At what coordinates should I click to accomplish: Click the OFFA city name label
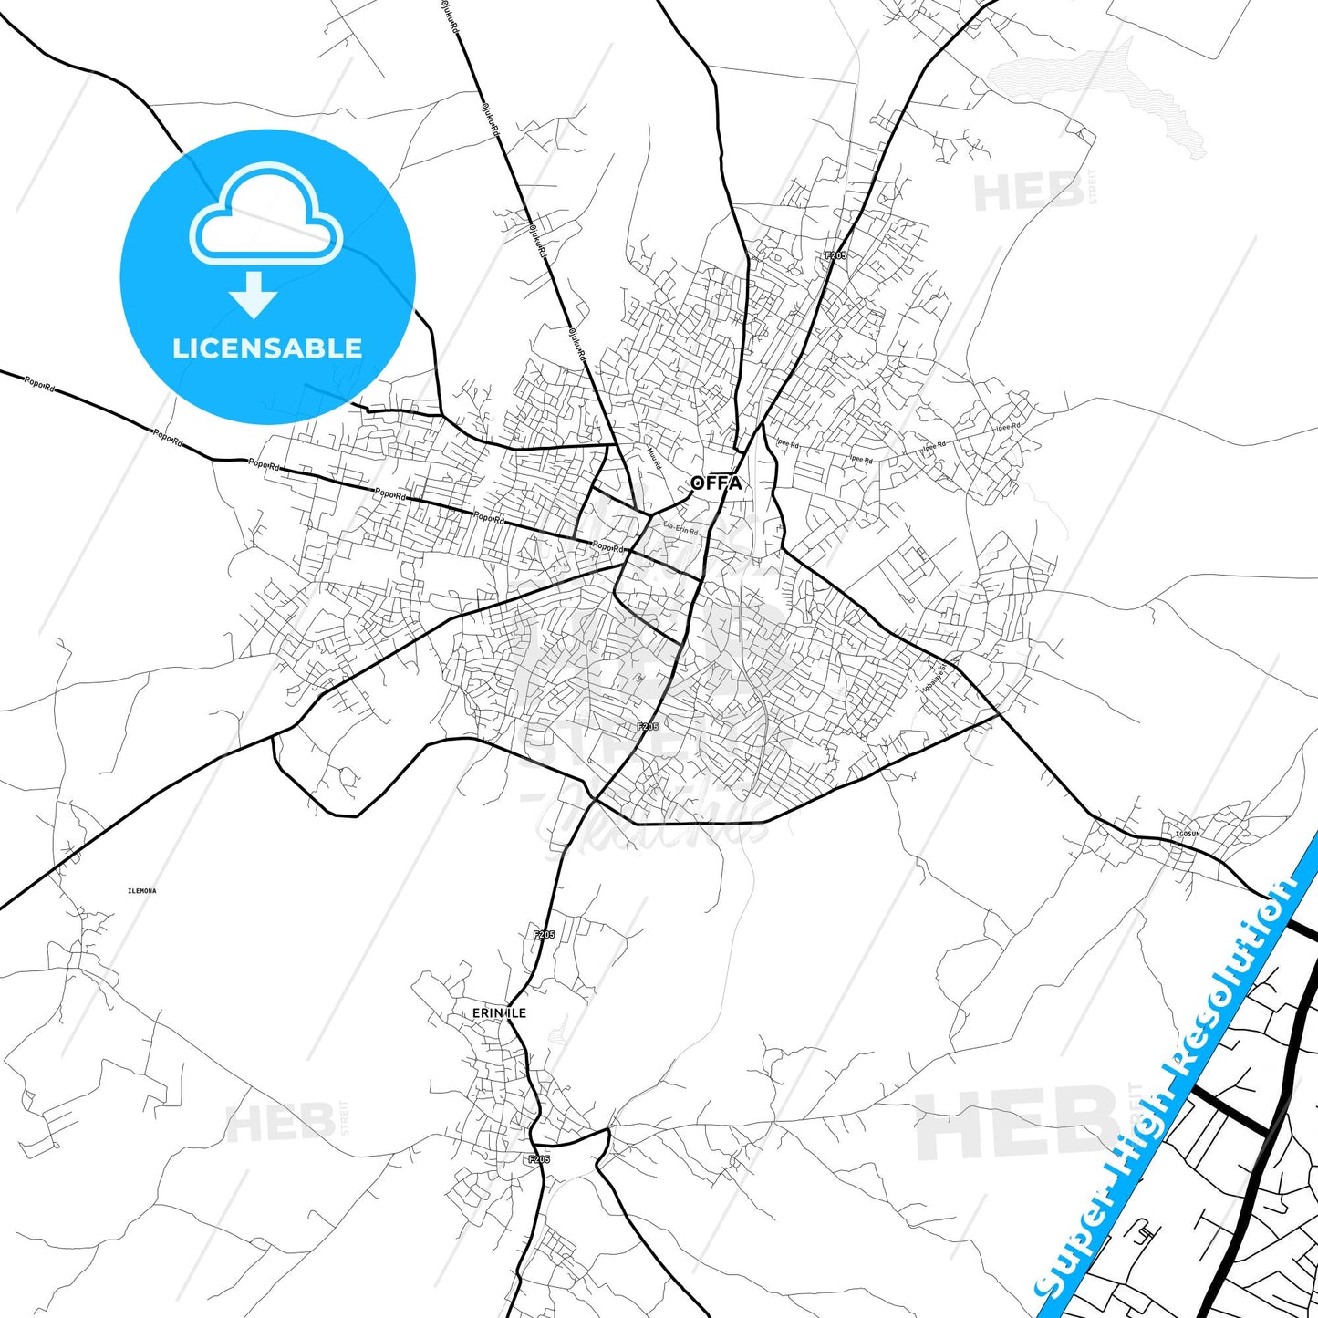click(717, 483)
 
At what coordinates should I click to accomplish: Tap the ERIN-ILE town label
click(499, 1013)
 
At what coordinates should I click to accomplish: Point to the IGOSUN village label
click(1188, 834)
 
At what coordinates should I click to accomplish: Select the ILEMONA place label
click(142, 890)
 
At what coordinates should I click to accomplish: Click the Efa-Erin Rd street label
click(680, 529)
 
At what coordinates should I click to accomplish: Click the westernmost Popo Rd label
click(39, 384)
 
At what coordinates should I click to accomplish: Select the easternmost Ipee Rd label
click(1009, 427)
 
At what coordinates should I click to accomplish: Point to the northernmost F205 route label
click(835, 255)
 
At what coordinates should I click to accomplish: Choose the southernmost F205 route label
click(539, 1159)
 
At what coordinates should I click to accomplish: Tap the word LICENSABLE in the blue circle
click(267, 348)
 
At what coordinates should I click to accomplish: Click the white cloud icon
click(265, 214)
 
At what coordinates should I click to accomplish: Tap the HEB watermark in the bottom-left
click(279, 1122)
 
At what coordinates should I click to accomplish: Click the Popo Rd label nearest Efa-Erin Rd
click(608, 547)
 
